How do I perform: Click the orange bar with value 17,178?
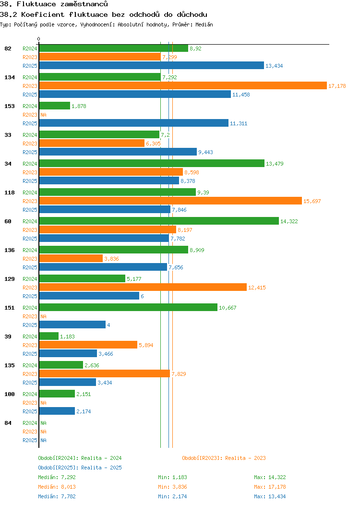tap(182, 85)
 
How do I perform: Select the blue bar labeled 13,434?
tap(151, 65)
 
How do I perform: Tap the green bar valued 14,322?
tap(158, 221)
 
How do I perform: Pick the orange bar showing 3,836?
tap(71, 258)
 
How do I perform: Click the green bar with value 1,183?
tap(48, 336)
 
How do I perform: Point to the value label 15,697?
tap(312, 201)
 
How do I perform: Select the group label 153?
tap(9, 106)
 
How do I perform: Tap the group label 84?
tap(8, 423)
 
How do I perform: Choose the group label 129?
tap(9, 279)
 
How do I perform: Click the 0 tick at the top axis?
tap(39, 39)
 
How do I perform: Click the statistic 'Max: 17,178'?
tap(270, 487)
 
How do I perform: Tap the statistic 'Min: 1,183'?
tap(172, 477)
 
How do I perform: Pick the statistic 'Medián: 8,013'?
tap(57, 487)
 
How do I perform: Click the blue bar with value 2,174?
tap(57, 411)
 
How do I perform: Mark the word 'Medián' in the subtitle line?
tap(204, 24)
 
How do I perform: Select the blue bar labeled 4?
tap(72, 325)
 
